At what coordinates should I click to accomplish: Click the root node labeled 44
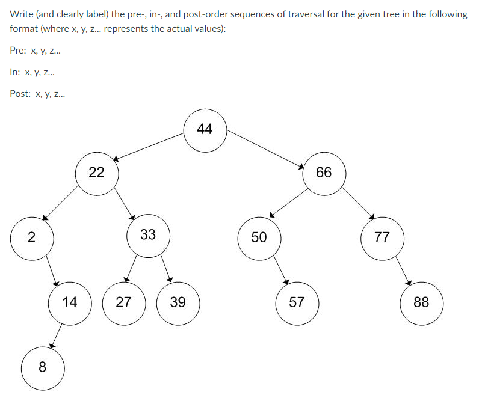205,130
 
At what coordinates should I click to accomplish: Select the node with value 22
96,173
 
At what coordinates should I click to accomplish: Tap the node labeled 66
324,173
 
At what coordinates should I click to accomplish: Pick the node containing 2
32,237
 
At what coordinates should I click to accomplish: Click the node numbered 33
148,235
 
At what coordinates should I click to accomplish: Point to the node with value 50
259,237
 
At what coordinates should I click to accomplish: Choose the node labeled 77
382,237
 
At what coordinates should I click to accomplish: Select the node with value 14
70,302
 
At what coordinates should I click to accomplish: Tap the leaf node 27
123,302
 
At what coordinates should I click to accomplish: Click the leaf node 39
178,302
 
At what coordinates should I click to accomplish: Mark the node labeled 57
297,302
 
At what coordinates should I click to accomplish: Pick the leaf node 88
422,302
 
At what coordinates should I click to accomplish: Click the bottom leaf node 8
42,366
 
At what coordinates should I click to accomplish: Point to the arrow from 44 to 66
265,147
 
